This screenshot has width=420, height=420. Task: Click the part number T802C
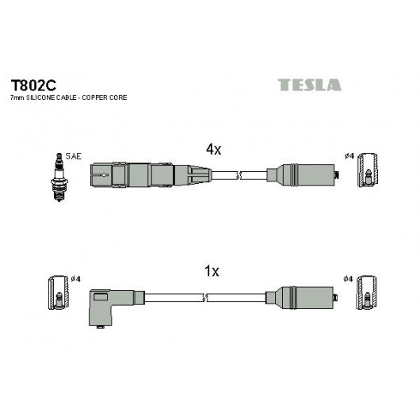click(33, 86)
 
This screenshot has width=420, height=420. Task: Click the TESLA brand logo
click(309, 85)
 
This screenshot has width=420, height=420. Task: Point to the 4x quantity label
click(213, 149)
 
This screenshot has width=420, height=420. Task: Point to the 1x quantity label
click(212, 271)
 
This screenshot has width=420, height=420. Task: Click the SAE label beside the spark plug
click(73, 156)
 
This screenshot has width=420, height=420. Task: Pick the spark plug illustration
click(59, 177)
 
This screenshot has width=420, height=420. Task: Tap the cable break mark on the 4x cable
click(239, 175)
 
